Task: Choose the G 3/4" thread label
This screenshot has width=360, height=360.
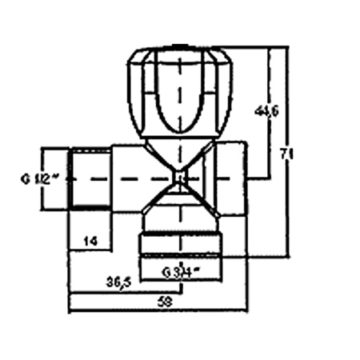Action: tap(181, 271)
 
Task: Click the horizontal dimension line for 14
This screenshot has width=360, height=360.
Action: tap(89, 250)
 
